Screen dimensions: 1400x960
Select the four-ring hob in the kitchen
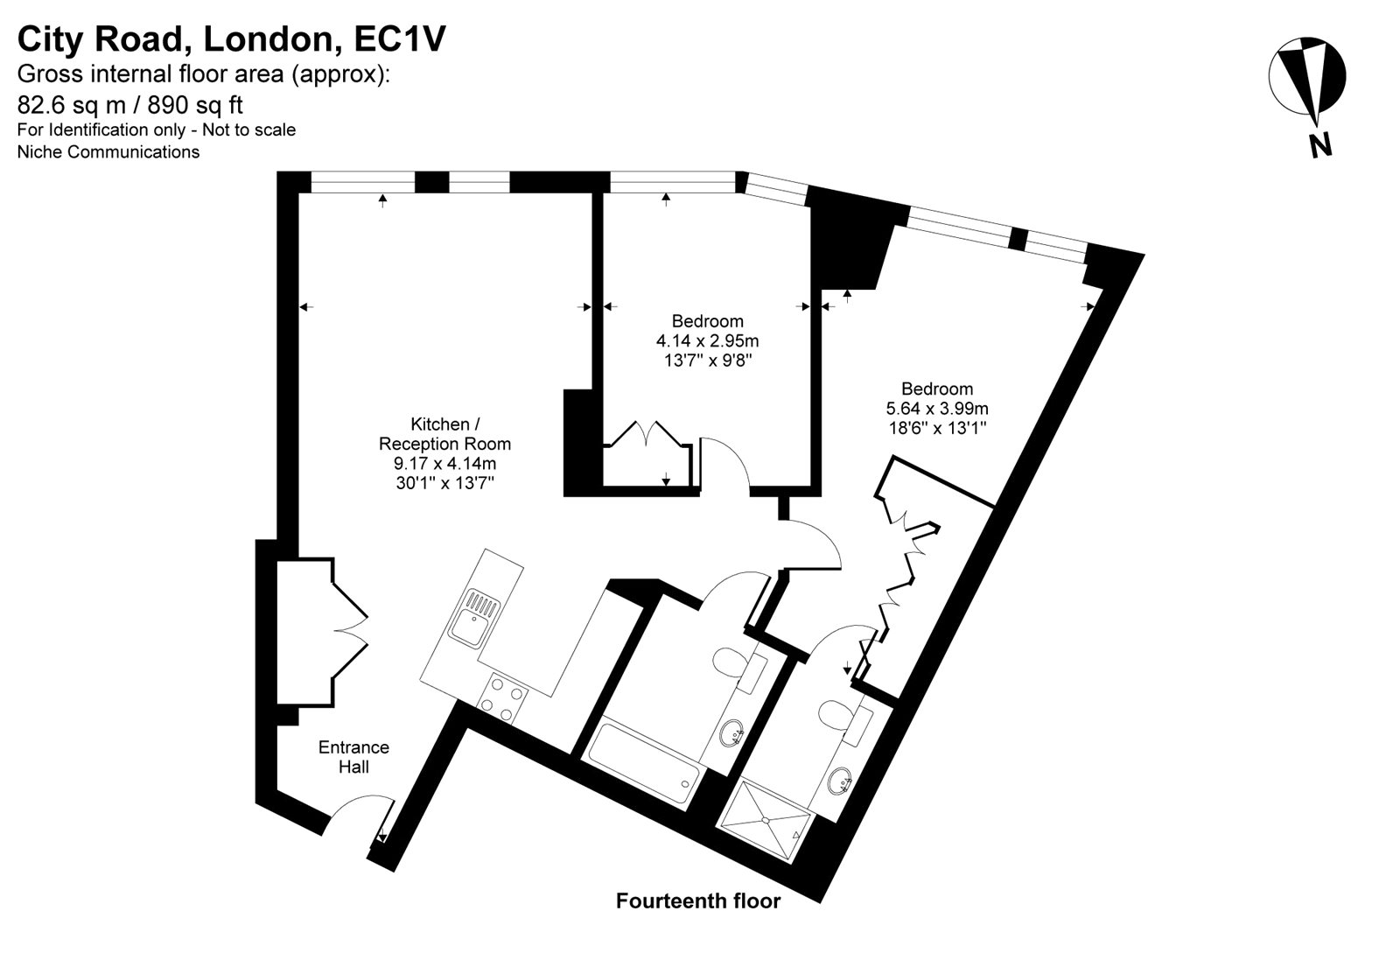pyautogui.click(x=502, y=698)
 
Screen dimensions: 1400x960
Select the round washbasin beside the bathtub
pyautogui.click(x=732, y=733)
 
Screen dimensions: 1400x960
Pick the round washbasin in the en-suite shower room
pyautogui.click(x=839, y=781)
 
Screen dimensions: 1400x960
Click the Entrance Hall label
pyautogui.click(x=353, y=757)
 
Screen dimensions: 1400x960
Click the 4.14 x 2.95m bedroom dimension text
pyautogui.click(x=708, y=340)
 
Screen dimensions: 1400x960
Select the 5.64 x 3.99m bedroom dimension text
pyautogui.click(x=937, y=409)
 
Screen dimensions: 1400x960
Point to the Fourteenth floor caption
pyautogui.click(x=698, y=900)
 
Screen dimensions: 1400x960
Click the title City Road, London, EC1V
pyautogui.click(x=231, y=39)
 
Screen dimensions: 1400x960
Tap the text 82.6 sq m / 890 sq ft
pyautogui.click(x=130, y=105)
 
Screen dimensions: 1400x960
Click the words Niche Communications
pyautogui.click(x=108, y=152)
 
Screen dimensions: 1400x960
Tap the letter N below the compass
pyautogui.click(x=1320, y=145)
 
